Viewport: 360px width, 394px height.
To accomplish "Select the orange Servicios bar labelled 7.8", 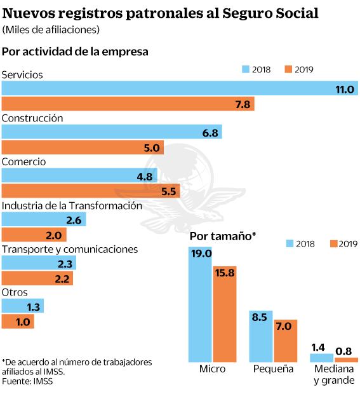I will [128, 104].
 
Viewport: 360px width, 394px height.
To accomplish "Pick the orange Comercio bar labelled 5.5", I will [91, 191].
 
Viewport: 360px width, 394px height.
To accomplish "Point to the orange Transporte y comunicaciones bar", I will [37, 278].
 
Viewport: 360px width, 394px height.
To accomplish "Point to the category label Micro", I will [212, 369].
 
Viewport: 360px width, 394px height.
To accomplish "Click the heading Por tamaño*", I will [222, 236].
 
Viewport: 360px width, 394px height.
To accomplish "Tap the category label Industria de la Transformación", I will [71, 206].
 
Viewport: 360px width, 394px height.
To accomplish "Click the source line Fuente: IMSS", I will [29, 381].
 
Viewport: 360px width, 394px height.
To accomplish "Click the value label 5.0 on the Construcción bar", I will [152, 147].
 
